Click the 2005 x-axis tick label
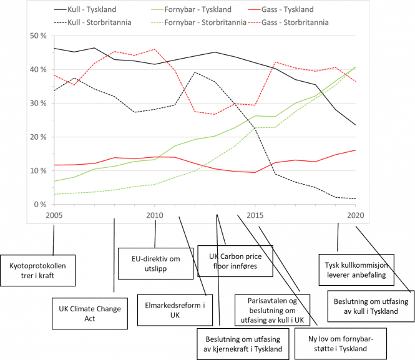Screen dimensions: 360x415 pos(53,215)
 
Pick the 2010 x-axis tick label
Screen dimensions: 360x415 pos(154,215)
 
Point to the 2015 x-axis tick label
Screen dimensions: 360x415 pos(255,215)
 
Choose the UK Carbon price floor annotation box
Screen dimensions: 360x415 pos(235,261)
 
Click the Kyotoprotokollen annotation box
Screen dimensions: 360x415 pos(39,270)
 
